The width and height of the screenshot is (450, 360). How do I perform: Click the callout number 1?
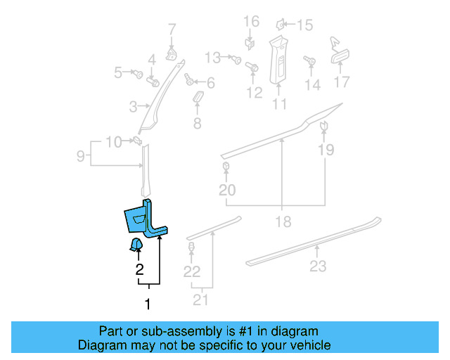[148, 304]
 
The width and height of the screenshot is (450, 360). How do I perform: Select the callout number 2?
[139, 269]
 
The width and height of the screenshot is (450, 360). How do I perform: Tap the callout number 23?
[319, 266]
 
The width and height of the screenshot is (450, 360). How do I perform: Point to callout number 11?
[280, 105]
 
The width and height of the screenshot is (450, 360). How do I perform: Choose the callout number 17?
[341, 82]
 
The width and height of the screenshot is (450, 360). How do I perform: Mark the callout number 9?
[81, 155]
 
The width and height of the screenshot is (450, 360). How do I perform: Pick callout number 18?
[282, 221]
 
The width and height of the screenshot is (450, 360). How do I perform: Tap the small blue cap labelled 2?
[135, 244]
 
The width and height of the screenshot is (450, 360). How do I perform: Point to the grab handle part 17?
[341, 58]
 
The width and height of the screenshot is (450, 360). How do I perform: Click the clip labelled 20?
[226, 167]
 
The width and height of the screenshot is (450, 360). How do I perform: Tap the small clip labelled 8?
[198, 97]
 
